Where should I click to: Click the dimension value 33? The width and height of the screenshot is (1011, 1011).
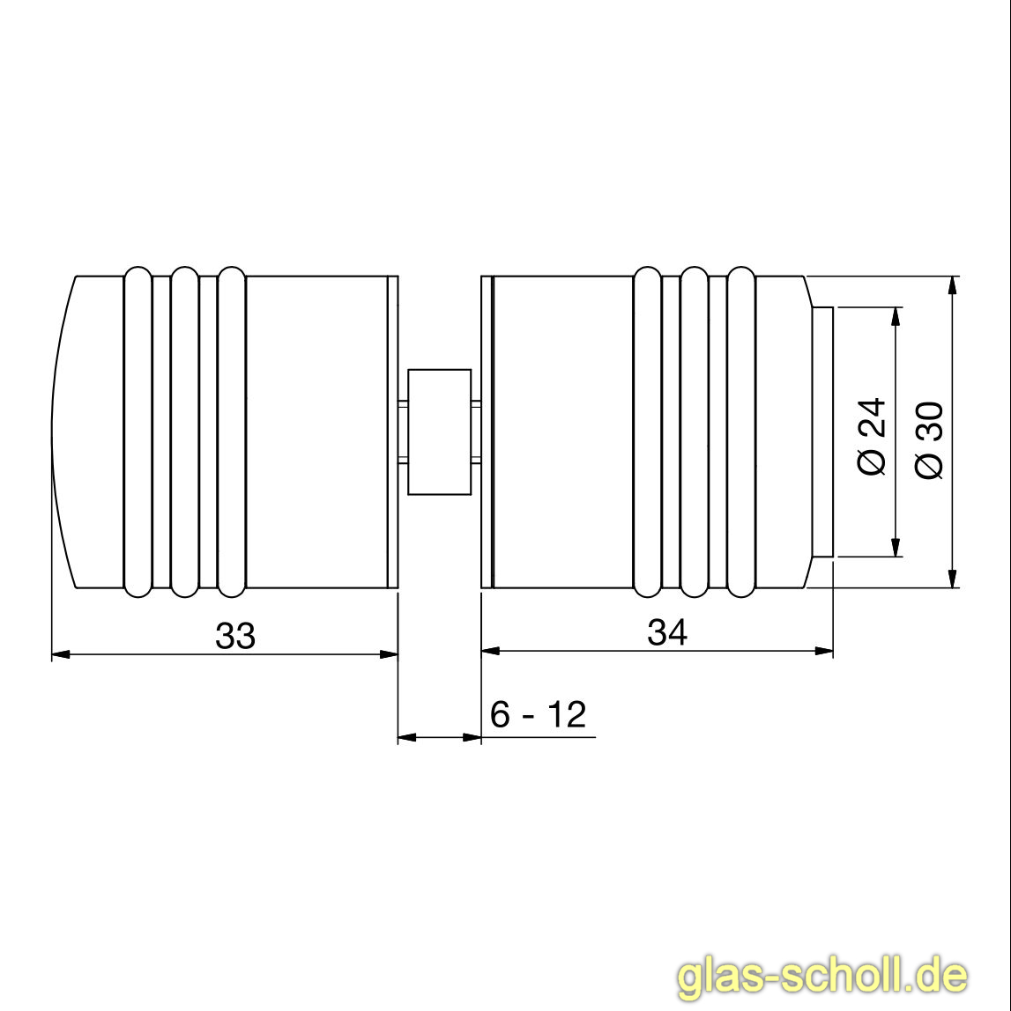click(235, 635)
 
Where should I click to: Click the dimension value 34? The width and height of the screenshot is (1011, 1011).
click(667, 632)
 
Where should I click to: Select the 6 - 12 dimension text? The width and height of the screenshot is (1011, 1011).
click(538, 714)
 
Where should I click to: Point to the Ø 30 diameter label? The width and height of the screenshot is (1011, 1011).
click(930, 439)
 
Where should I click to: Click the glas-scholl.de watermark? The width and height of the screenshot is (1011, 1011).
click(821, 977)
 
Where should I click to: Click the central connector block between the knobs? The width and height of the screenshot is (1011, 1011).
click(439, 432)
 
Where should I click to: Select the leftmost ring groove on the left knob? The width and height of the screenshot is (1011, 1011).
click(138, 432)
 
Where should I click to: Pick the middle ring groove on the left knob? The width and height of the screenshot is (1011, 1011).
click(185, 432)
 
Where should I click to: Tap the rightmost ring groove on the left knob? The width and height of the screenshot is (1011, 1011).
click(231, 432)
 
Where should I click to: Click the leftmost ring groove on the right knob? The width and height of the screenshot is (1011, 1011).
click(647, 432)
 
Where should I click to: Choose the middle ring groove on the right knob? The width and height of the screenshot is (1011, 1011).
click(695, 432)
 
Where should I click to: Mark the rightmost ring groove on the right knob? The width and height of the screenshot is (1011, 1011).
click(741, 432)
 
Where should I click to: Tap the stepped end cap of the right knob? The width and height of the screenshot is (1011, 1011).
click(822, 432)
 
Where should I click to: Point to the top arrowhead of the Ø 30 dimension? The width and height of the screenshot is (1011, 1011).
click(952, 286)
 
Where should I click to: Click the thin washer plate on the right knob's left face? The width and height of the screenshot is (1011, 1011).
click(487, 432)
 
